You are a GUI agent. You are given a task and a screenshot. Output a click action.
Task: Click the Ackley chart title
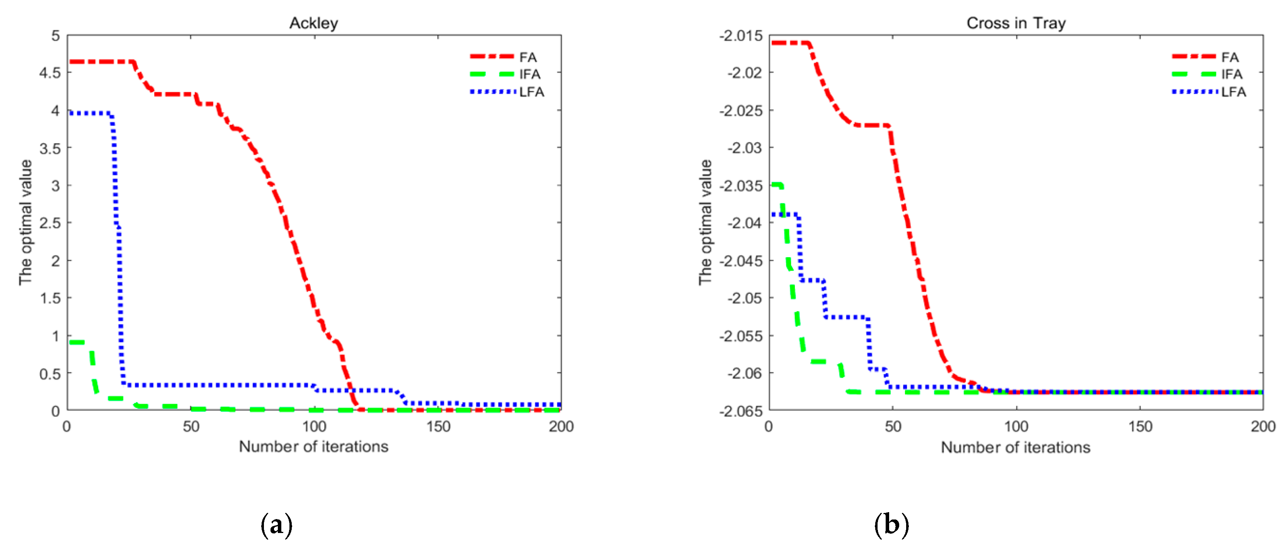[313, 23]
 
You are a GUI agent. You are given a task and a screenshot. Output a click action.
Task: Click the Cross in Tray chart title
[1016, 23]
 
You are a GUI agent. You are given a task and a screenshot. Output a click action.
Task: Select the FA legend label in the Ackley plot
[528, 58]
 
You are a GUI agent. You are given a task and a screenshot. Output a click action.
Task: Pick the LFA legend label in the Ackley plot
[532, 92]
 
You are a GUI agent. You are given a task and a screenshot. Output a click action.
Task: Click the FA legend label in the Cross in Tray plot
[1230, 58]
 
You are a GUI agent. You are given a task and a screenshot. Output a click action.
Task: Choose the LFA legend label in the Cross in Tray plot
[1233, 92]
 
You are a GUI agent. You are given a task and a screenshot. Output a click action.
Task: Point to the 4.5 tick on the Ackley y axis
[49, 73]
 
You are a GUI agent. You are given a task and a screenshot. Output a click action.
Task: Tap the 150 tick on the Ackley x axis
[438, 426]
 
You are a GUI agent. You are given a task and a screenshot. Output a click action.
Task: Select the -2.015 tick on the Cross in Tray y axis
[741, 36]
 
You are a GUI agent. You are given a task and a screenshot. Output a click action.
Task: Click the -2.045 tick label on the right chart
[741, 261]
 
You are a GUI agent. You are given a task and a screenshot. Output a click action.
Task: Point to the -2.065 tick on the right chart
[741, 411]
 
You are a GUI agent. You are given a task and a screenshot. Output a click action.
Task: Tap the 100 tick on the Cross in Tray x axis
[1016, 426]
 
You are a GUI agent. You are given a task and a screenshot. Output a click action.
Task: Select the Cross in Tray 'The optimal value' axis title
[705, 222]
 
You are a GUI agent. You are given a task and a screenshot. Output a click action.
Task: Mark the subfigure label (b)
[891, 525]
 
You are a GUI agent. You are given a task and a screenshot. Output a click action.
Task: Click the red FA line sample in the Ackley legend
[492, 57]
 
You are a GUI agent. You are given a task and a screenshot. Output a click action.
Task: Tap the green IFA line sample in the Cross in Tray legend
[1194, 74]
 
